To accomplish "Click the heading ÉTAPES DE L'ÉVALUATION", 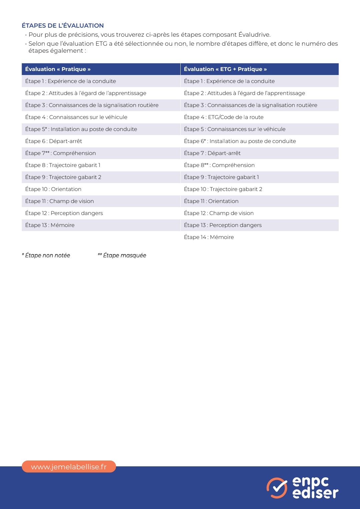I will pos(63,26).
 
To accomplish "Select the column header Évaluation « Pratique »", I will pos(58,69).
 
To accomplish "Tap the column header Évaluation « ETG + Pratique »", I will pos(225,69).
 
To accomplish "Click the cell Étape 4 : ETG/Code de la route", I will pos(224,117).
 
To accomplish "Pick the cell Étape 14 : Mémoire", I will pos(209,237).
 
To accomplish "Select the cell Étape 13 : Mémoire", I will pos(50,225).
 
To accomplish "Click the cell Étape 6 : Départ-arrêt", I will pos(54,141).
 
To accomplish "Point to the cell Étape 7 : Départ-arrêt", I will pos(212,153).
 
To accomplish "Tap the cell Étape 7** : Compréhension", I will pos(61,153).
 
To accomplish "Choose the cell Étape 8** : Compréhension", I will pos(219,165).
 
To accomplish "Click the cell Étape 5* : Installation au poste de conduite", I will pos(81,129).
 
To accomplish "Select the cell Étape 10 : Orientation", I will pos(53,189).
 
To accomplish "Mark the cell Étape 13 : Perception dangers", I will pos(223,225).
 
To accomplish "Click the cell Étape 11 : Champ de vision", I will pos(60,201).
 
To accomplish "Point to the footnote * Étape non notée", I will pos(46,255).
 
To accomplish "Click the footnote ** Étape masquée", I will pos(122,255).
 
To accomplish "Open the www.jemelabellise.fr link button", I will pos(69,467).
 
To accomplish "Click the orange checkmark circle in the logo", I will pos(277,488).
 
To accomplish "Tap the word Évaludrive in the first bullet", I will pos(254,35).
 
